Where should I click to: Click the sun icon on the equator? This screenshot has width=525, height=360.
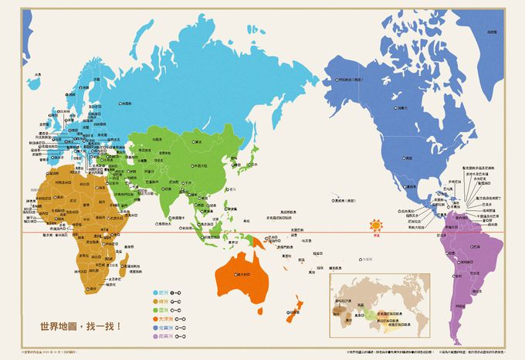pos(375,225)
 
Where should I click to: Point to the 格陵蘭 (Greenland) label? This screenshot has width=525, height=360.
pos(491,32)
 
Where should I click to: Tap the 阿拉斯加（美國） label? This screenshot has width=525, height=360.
pos(351,78)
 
